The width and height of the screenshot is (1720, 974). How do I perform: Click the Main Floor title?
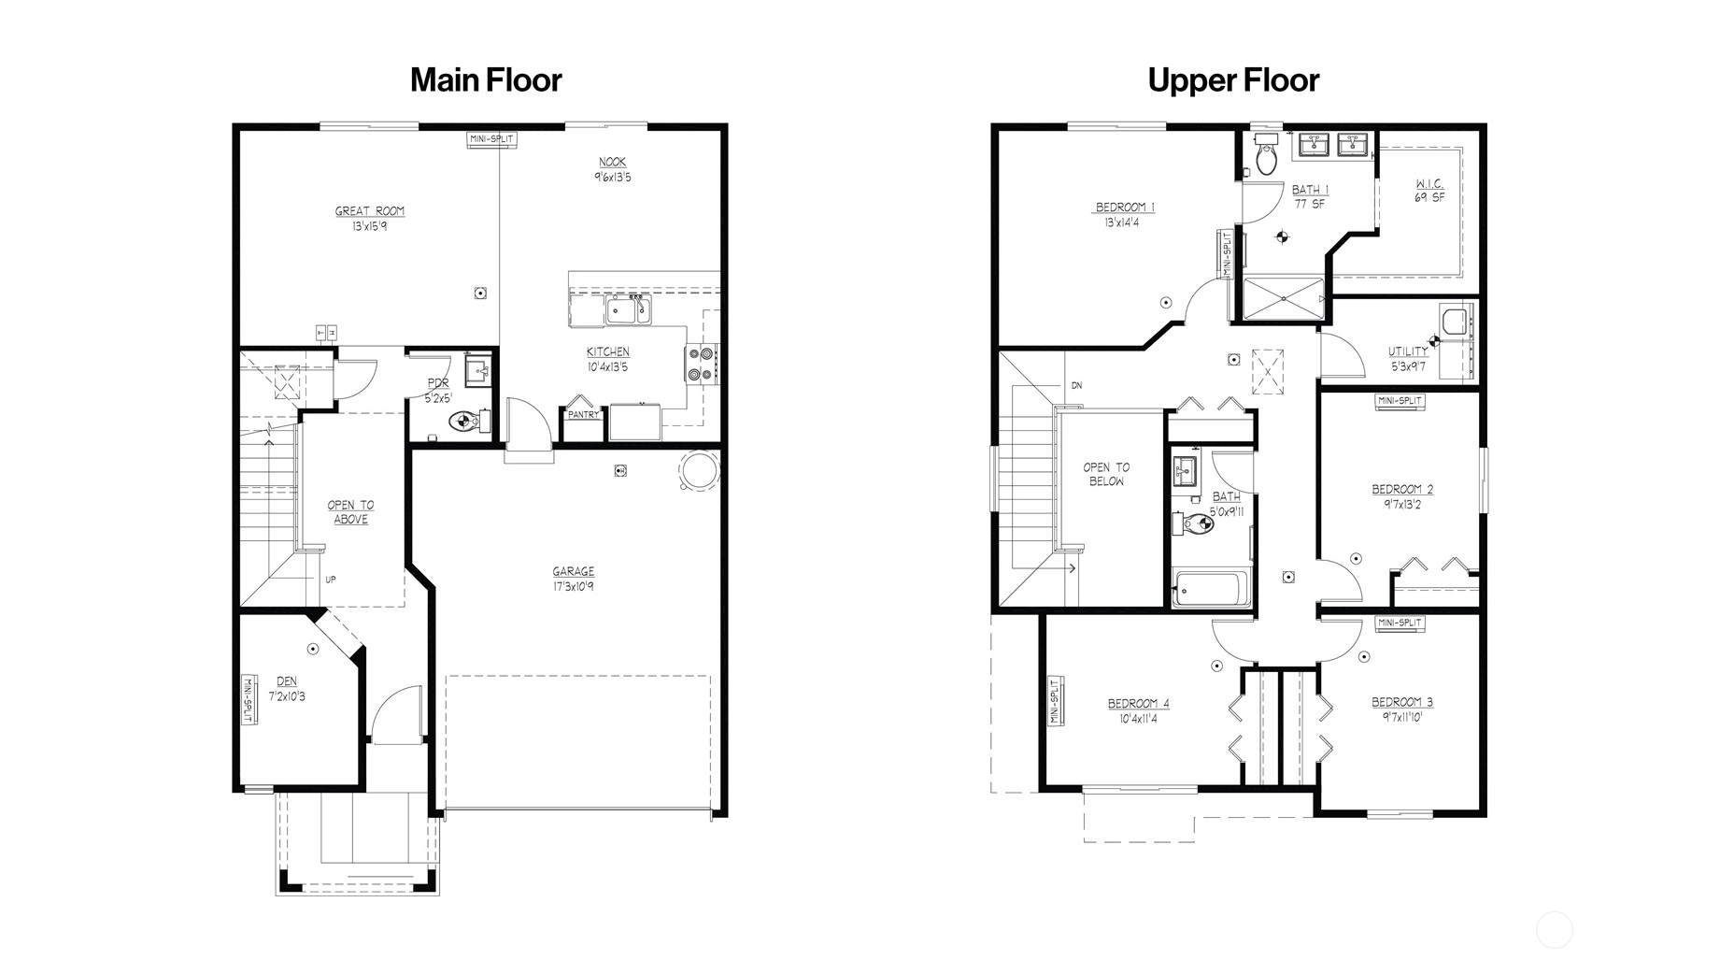486,80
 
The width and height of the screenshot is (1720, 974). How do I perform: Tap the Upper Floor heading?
1233,80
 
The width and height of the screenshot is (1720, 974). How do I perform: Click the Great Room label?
370,211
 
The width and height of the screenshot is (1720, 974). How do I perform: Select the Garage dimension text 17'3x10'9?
573,587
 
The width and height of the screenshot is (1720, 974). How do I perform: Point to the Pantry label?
583,415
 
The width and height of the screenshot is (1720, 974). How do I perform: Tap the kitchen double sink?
629,309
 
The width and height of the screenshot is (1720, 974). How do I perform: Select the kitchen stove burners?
703,365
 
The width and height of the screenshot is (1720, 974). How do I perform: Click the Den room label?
287,681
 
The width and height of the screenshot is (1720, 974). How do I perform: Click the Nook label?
613,163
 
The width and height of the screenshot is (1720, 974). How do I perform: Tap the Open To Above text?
350,512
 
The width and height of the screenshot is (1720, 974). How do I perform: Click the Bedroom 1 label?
1126,208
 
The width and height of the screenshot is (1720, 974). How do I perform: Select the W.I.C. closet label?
1429,184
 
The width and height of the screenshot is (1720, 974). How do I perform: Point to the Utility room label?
1408,352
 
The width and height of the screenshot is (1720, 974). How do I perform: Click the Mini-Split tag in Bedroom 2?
1400,401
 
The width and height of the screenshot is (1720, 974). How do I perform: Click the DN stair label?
1076,386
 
